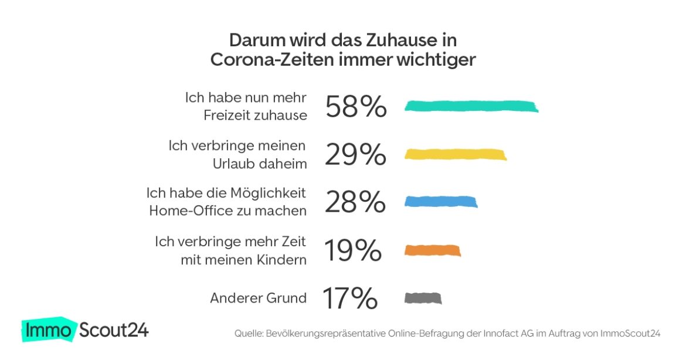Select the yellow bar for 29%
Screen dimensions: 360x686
coord(456,154)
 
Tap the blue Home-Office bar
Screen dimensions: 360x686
coord(441,202)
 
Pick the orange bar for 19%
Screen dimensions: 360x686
coord(433,250)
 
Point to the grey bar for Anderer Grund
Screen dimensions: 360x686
coord(423,298)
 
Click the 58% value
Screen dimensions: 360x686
coord(356,107)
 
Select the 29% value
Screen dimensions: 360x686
coord(355,155)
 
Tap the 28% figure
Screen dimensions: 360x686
coord(355,202)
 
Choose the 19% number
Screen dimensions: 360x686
coord(352,251)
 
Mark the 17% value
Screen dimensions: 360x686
coord(350,298)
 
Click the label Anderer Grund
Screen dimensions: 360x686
coord(258,298)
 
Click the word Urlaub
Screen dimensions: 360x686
coord(233,164)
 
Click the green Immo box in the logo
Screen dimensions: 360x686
coord(49,331)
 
